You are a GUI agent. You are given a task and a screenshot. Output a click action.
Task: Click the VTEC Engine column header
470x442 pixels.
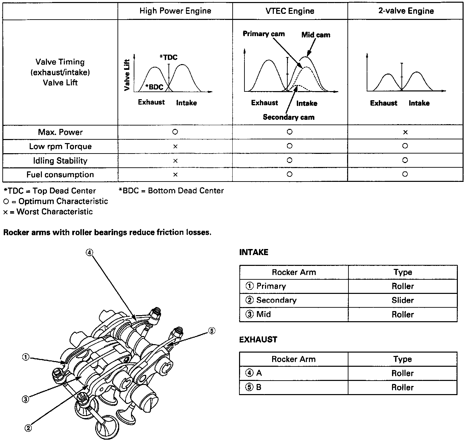[290, 11]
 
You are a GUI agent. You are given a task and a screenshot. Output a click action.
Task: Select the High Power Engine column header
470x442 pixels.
[175, 11]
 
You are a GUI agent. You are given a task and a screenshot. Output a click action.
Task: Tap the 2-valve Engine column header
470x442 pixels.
[406, 11]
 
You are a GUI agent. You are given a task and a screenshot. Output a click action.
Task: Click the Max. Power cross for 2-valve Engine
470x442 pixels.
[405, 132]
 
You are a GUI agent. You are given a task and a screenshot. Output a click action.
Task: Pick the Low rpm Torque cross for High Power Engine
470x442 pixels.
[175, 146]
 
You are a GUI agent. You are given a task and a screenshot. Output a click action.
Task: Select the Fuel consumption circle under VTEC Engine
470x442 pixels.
[289, 174]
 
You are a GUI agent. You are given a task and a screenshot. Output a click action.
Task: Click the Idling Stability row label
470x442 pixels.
[60, 161]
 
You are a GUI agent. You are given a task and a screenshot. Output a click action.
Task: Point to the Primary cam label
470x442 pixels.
[264, 34]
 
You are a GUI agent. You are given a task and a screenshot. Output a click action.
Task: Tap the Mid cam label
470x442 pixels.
[316, 35]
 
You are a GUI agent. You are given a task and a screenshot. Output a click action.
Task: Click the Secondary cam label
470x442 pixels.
[288, 117]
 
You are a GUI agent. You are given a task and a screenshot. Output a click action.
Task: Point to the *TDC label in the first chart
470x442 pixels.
[168, 57]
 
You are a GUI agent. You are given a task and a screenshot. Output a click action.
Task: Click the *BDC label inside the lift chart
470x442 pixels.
[154, 87]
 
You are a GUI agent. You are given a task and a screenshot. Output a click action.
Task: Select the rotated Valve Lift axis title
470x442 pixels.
[127, 75]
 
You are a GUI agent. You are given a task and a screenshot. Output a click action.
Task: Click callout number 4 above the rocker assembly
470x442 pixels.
[89, 252]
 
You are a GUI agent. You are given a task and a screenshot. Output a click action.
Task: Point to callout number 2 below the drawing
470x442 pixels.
[28, 428]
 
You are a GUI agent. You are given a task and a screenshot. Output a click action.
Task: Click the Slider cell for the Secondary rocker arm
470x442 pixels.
[402, 300]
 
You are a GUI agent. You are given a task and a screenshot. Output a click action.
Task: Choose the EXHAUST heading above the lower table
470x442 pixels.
[258, 339]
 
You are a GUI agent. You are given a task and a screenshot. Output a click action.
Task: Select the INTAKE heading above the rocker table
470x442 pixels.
[254, 252]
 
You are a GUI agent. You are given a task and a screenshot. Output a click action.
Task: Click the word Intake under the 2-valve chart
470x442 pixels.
[419, 103]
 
